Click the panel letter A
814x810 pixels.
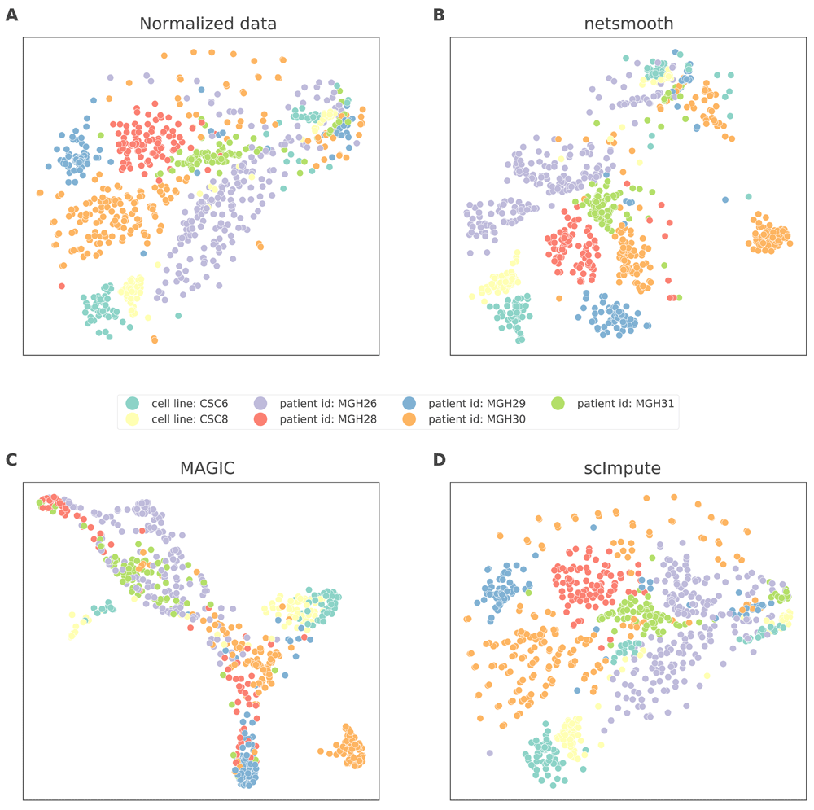pos(11,14)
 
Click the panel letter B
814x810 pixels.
pos(439,14)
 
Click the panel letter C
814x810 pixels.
pos(11,459)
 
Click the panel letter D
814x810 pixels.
pos(440,459)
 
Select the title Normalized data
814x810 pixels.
pos(208,24)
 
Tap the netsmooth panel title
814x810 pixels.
pos(629,24)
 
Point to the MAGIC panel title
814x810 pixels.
pos(208,469)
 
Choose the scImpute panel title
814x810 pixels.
pos(629,469)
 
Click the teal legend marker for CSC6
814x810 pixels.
pos(133,403)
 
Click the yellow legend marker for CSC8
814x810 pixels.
pos(133,419)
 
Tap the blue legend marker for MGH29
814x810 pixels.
pos(411,403)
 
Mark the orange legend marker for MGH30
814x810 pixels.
pos(411,419)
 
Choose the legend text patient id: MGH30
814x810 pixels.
pos(476,419)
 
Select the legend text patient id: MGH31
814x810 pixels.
pos(623,403)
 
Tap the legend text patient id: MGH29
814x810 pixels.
pos(476,403)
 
